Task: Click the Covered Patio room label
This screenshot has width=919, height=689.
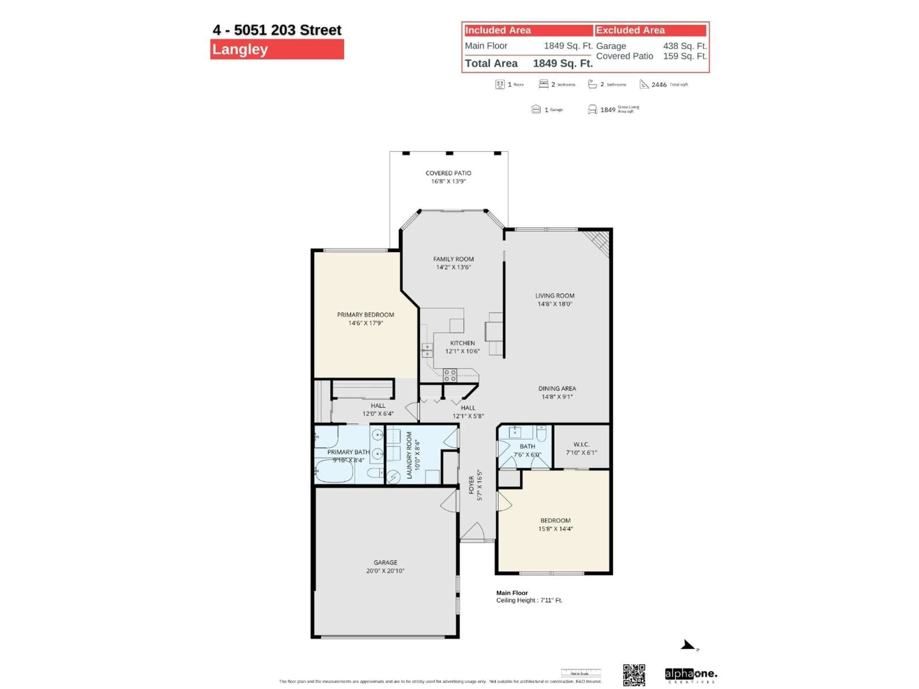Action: tap(448, 173)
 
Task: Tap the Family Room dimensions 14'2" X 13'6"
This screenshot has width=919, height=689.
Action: tap(453, 267)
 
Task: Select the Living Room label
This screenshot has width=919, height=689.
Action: tap(555, 296)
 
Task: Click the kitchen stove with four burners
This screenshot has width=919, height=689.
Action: tap(450, 375)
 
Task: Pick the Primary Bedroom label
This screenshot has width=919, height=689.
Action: tap(365, 315)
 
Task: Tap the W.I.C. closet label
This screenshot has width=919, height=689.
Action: tap(581, 445)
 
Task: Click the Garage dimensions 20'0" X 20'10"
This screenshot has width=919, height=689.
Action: tap(385, 571)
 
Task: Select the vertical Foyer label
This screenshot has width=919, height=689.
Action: tap(471, 485)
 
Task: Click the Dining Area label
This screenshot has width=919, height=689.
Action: tap(557, 388)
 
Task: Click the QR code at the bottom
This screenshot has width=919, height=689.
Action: tap(634, 675)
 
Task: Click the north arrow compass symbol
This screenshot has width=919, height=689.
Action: tap(688, 645)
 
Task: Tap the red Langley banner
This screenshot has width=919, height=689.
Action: tap(277, 50)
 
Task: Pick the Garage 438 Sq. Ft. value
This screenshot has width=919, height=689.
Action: tap(685, 46)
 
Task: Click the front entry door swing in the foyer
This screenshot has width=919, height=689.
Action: tap(473, 532)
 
